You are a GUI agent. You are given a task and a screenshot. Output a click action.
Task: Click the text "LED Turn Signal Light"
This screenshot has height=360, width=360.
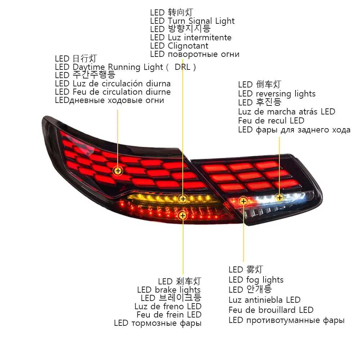192,21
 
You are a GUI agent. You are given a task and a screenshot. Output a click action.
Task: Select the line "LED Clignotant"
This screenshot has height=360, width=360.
179,46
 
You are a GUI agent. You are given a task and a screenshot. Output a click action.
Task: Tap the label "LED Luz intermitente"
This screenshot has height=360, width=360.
191,37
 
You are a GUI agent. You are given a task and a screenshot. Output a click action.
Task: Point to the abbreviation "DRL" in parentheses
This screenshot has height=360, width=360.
182,67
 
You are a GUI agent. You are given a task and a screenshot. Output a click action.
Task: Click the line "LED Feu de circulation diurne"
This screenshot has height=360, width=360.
113,92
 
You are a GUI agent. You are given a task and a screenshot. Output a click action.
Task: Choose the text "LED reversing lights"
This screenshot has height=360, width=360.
276,94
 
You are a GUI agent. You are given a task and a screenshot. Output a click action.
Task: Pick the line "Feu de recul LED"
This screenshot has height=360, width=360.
271,121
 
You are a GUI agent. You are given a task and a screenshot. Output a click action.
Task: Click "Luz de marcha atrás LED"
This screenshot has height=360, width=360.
287,112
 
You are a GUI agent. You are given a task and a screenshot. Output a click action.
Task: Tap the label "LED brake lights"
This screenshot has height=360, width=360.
169,290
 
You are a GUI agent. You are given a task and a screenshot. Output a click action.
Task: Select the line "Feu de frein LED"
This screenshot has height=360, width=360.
169,315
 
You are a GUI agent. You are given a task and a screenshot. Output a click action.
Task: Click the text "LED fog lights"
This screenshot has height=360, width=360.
256,280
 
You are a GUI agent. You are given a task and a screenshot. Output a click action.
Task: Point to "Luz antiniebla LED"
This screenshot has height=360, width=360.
265,300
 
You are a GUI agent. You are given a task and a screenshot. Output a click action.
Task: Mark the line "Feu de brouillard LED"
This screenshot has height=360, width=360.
271,310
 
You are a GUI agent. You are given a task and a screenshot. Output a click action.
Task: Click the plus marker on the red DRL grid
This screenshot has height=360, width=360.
118,171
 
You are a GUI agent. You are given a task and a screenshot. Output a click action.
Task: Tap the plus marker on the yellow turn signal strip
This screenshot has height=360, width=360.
183,199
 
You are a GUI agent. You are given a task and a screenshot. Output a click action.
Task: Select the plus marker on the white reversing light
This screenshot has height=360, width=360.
280,198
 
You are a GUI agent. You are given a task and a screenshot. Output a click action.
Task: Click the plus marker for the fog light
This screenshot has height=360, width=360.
243,201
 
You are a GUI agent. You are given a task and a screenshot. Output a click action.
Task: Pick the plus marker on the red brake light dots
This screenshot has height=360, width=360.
183,216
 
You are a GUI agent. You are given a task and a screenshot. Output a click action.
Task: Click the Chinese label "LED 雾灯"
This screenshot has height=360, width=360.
246,270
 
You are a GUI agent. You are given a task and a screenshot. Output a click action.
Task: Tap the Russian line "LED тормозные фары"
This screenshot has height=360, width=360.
158,323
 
